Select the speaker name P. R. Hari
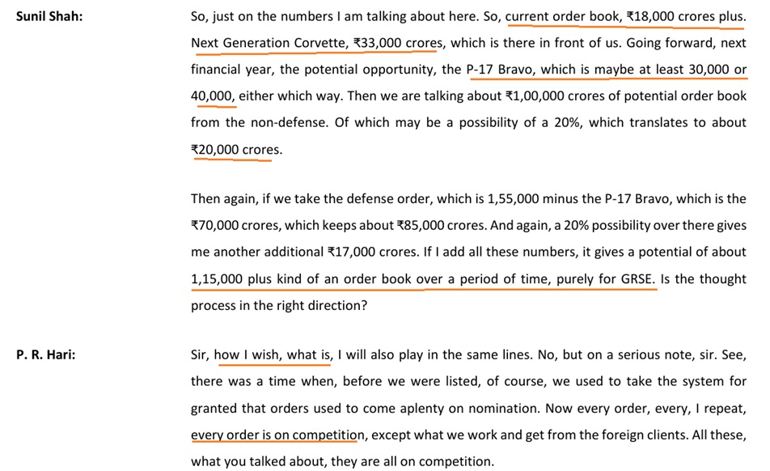tap(45, 354)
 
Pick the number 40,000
tap(212, 95)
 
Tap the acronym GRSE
tap(634, 278)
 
